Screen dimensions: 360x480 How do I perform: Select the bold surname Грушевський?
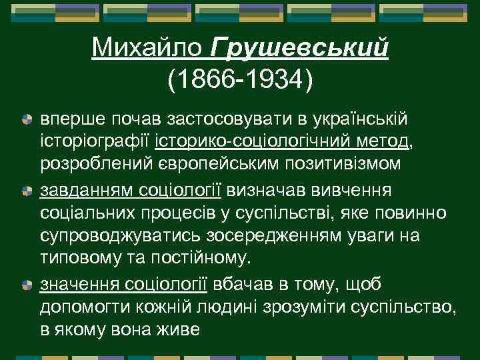tap(299, 49)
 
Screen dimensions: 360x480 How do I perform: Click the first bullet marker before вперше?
tap(27, 119)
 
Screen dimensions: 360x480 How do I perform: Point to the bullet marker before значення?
tap(27, 285)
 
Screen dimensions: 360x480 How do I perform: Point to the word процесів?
tap(183, 213)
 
